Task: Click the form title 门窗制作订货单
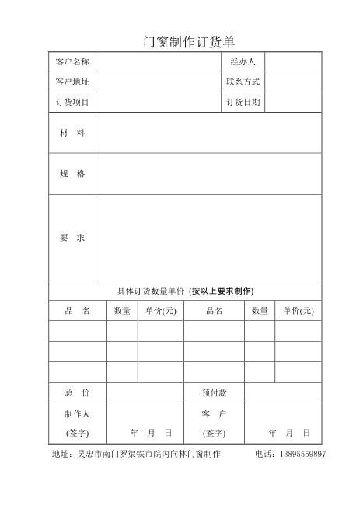click(189, 42)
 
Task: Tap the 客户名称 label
click(72, 61)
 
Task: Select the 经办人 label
click(243, 61)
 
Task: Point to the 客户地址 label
click(72, 82)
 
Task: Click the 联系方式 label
click(243, 82)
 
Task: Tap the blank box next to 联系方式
click(293, 82)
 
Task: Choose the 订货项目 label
click(72, 102)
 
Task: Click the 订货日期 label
click(243, 102)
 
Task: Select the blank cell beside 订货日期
click(293, 102)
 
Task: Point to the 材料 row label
click(72, 133)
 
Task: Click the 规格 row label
click(72, 174)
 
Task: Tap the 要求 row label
click(72, 237)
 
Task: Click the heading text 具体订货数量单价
click(151, 291)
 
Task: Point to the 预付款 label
click(215, 393)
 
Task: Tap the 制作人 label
click(77, 414)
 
